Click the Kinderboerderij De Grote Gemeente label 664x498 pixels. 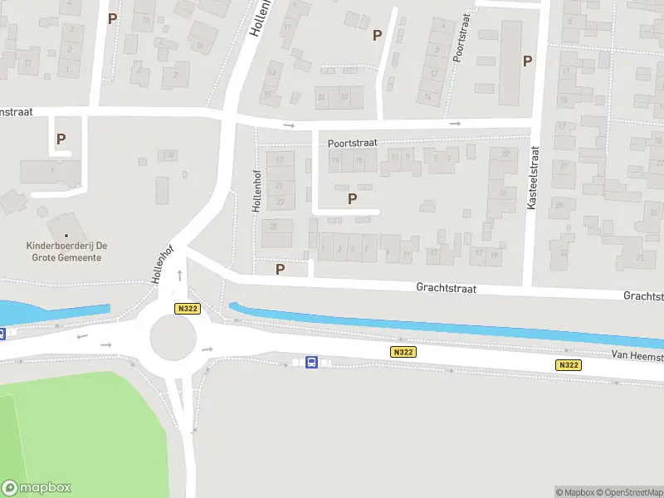pos(80,251)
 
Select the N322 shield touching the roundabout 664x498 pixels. pos(187,308)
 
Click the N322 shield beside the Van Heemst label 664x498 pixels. pos(569,365)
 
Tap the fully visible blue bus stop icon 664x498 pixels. pos(311,362)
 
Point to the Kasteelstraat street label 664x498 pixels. pos(533,178)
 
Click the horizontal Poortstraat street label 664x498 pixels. pos(352,143)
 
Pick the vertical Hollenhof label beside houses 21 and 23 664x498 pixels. pos(257,191)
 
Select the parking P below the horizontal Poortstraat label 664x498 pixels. pos(353,198)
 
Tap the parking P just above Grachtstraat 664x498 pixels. pos(281,269)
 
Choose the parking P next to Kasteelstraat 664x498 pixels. pos(527,60)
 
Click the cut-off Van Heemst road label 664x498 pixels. pos(637,355)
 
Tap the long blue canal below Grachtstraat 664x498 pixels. pos(448,324)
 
